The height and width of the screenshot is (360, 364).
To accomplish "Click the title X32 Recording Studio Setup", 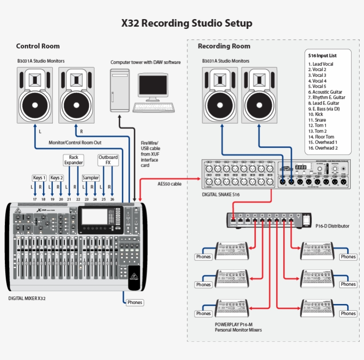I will click(187, 23).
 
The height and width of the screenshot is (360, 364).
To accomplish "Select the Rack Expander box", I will click(74, 160).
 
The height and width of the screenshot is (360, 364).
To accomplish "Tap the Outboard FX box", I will click(108, 160).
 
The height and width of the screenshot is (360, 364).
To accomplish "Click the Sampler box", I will click(91, 178).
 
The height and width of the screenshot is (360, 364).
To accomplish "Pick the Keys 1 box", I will click(39, 178).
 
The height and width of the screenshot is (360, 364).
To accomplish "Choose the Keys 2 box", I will click(56, 178).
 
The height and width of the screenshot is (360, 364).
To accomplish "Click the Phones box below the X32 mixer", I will click(135, 302).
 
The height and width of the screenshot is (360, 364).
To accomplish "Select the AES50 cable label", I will click(170, 184).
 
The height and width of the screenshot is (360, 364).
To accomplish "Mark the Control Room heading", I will click(38, 46).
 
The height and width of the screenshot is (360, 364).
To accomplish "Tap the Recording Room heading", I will click(224, 46).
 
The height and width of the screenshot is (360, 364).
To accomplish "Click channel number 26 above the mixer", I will click(112, 200).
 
